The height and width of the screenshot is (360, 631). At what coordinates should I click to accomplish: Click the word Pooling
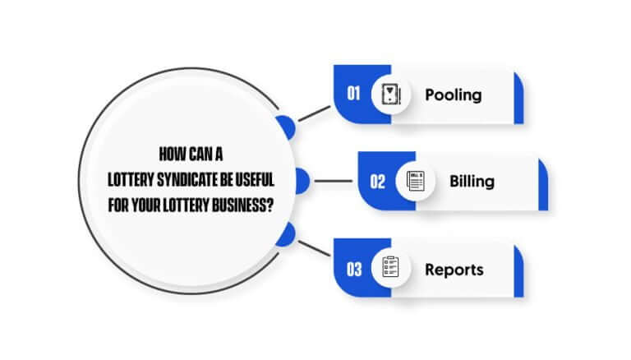454,95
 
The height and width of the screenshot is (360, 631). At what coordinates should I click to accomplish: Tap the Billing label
472,182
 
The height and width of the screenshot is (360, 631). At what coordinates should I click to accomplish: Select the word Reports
454,270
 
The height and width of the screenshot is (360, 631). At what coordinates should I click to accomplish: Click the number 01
353,94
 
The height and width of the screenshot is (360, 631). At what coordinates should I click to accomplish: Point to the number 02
377,182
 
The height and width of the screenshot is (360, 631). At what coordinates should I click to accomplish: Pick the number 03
354,270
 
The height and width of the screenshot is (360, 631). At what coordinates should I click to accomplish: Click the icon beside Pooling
391,95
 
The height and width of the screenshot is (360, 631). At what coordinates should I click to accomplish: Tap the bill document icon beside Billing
415,181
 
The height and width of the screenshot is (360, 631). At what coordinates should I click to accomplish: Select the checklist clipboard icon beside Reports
390,267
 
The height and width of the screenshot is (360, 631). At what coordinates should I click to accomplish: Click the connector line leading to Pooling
314,113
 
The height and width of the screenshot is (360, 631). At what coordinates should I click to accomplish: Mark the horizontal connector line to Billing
334,181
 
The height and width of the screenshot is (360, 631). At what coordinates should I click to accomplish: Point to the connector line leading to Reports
314,248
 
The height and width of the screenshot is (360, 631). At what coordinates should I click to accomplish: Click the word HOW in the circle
168,155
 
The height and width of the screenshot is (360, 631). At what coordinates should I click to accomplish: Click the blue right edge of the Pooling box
518,98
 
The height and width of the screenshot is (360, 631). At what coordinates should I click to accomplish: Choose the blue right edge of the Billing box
543,184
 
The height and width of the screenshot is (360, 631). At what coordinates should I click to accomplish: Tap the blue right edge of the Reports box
518,271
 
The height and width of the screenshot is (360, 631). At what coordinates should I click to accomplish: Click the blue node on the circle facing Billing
302,181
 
